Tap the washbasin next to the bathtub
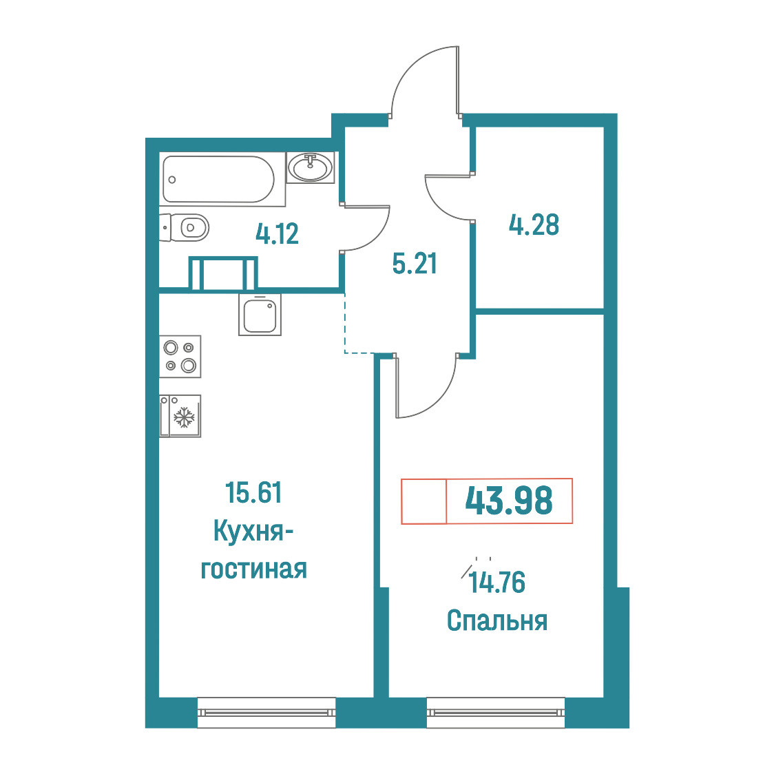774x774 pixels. pos(311,167)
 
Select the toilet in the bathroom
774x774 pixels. pos(184,227)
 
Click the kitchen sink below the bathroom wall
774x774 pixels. pos(260,315)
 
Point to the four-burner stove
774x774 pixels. pos(180,357)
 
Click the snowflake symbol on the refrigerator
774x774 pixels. pos(185,417)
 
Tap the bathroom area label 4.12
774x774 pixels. pos(278,234)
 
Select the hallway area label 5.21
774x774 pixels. pos(415,264)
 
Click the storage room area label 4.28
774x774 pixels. pos(534,224)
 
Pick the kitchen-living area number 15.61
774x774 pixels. pos(253,492)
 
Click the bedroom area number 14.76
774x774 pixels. pos(497,583)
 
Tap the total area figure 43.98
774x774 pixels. pos(509,501)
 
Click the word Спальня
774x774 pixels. pos(497,620)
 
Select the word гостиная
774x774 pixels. pos(253,569)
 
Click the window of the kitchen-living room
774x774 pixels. pos(266,712)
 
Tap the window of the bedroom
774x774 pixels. pos(496,712)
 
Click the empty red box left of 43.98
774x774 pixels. pos(424,501)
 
